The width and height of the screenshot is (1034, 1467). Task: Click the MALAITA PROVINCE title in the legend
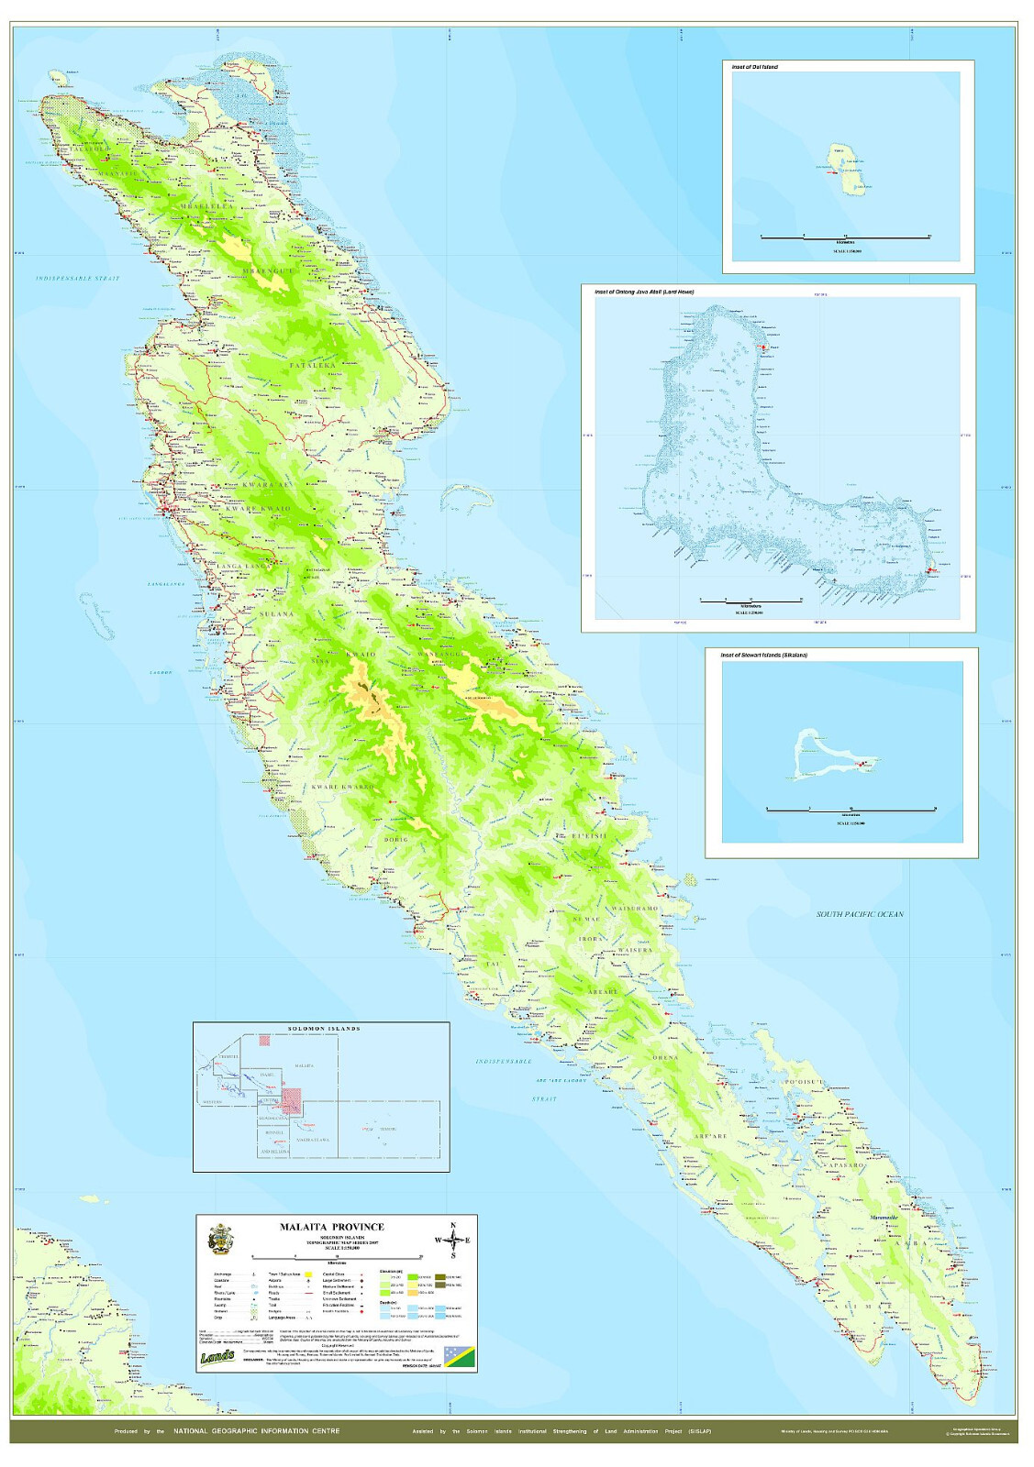click(x=331, y=1227)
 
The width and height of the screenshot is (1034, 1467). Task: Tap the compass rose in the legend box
click(x=452, y=1240)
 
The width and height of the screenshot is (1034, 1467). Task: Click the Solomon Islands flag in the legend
click(x=459, y=1357)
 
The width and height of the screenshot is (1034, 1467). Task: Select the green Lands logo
click(x=217, y=1356)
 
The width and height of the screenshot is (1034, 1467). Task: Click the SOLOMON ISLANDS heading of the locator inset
click(x=324, y=1029)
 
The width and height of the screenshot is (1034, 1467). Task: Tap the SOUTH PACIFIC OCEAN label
click(x=860, y=914)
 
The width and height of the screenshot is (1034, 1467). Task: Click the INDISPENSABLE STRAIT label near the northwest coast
click(x=78, y=278)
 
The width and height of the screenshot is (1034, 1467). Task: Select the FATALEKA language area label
click(x=313, y=365)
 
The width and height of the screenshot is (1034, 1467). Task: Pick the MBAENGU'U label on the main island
click(x=268, y=271)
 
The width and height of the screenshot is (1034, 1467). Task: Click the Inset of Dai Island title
click(x=754, y=67)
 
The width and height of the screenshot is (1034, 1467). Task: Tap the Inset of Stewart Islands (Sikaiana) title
click(x=763, y=656)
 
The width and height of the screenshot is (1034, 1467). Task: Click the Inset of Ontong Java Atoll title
click(x=644, y=292)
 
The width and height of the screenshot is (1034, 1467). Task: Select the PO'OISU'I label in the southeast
click(x=805, y=1082)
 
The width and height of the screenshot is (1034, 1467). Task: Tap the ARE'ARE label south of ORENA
click(x=710, y=1136)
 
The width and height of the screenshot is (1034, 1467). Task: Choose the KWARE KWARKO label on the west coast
click(x=343, y=787)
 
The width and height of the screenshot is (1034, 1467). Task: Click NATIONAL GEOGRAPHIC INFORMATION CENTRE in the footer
click(x=256, y=1431)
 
